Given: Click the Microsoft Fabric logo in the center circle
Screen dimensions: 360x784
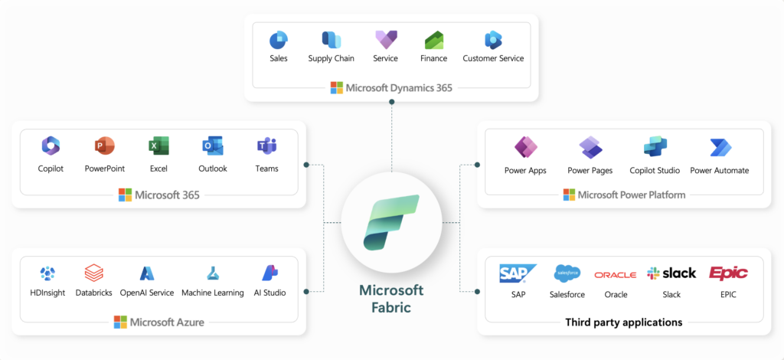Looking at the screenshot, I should point(391,221).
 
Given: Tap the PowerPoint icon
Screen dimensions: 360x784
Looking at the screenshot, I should point(104,146).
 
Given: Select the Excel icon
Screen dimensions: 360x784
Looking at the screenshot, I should point(158,146).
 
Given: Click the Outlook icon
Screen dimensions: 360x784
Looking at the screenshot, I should point(212,146).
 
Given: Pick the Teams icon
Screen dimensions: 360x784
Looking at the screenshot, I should point(266,146).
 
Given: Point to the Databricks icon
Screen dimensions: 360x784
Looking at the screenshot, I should point(94,273).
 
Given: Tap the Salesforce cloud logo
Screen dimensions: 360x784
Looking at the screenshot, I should point(567,273).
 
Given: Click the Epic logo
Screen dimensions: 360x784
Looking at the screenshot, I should point(728,273).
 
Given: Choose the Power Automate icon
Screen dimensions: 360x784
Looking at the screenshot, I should point(720,147).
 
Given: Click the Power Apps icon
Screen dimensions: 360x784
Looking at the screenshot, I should point(526,147).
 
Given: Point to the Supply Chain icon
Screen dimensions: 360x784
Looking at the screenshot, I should point(331,39).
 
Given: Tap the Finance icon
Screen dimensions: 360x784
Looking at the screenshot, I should point(434,39).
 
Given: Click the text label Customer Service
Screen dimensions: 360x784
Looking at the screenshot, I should point(493,58).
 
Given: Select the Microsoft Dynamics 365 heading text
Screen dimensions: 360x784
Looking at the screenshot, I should point(398,87).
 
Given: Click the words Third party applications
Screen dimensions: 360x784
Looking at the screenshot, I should point(623,322).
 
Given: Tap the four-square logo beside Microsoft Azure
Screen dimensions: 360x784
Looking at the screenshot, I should point(120,322).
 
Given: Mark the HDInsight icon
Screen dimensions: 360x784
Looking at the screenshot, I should point(47,273).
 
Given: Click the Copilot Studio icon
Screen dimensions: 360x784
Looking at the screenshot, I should point(655,147).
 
